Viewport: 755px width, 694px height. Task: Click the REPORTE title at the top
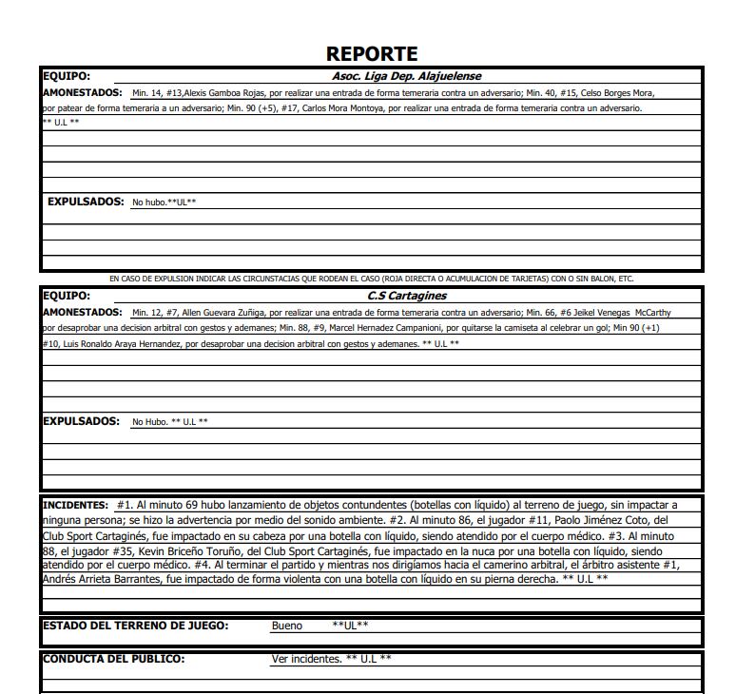pos(371,54)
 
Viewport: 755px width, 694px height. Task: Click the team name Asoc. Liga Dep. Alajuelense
pos(406,76)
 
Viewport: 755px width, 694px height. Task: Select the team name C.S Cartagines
pos(407,296)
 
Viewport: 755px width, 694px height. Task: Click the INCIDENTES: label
pos(76,505)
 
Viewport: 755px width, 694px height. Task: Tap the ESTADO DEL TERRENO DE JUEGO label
pos(135,626)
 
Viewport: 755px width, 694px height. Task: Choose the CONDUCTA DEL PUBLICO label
pos(114,659)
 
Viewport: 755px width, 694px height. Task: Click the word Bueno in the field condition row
pos(287,626)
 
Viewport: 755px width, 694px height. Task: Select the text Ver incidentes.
pos(306,659)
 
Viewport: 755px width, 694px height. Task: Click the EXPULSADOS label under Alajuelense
pos(86,202)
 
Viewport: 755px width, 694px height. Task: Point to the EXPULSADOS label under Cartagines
pos(82,421)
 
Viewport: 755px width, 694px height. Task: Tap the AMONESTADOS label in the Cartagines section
pos(83,312)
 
